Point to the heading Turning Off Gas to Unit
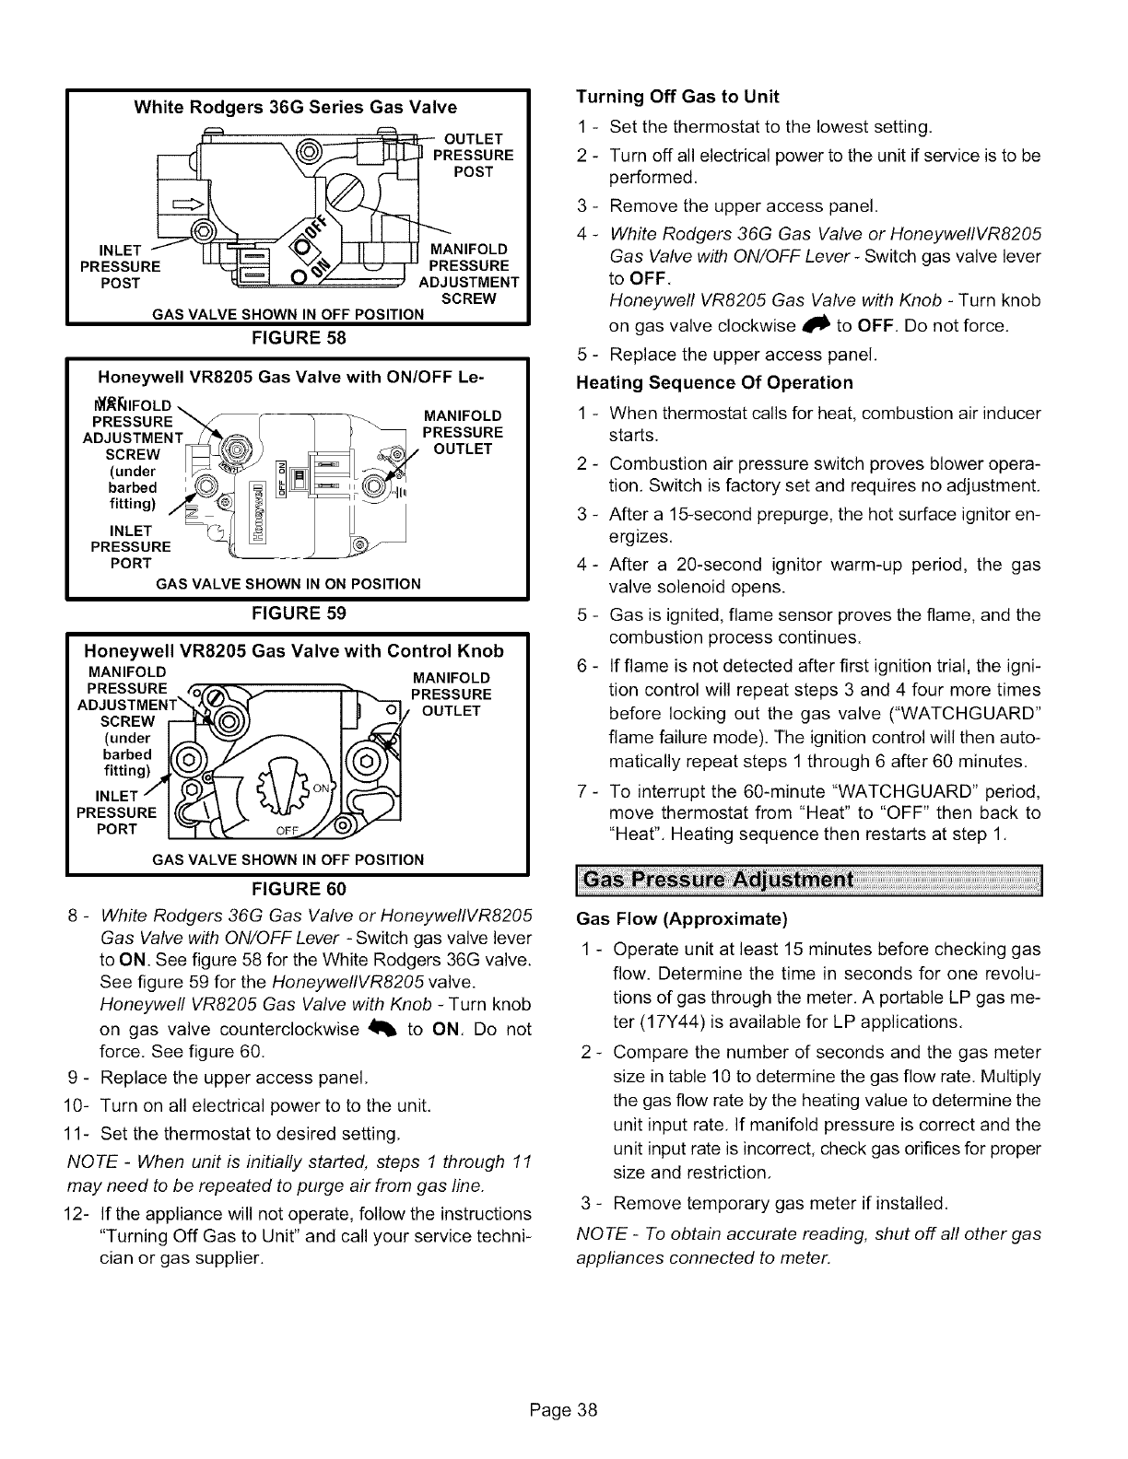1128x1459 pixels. point(677,97)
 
